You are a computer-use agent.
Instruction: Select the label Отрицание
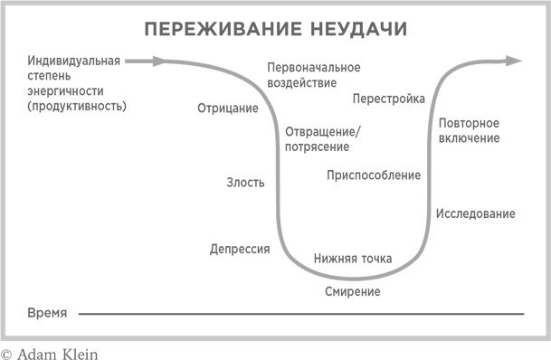[227, 109]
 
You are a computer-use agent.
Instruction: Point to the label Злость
[245, 183]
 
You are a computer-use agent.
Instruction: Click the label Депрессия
[240, 249]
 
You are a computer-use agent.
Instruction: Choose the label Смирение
[352, 291]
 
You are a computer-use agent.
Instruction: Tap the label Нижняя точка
[353, 259]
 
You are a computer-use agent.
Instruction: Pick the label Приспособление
[374, 175]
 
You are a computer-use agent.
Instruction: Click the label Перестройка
[389, 99]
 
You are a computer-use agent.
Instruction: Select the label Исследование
[476, 213]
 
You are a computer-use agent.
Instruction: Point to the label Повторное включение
[469, 130]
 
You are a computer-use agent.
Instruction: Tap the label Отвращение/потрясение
[322, 138]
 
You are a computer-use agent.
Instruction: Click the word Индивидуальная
[74, 62]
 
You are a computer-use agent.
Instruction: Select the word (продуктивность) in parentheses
[77, 106]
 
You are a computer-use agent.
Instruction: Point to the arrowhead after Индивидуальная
[158, 62]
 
